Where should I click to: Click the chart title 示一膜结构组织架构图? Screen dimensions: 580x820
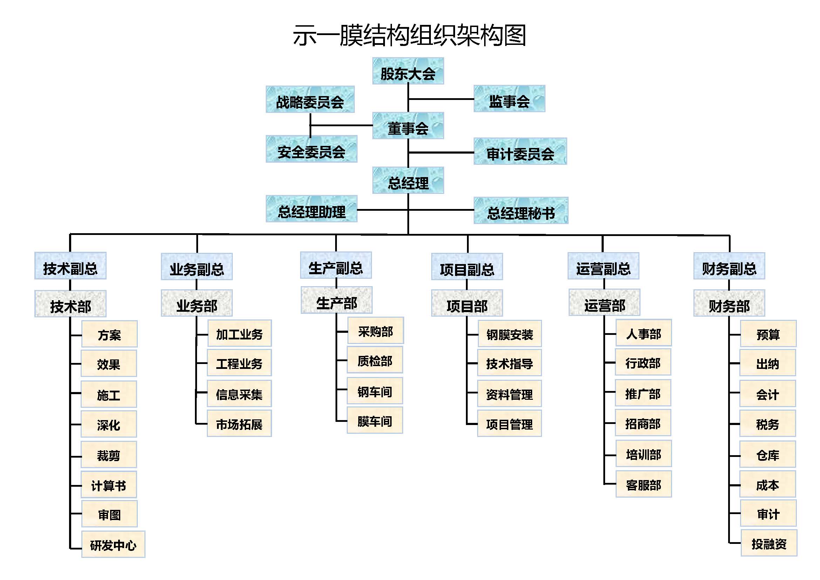click(409, 35)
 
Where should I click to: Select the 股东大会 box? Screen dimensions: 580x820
click(408, 71)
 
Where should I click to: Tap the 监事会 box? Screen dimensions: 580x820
click(509, 99)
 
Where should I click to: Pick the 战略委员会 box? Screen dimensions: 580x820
click(310, 100)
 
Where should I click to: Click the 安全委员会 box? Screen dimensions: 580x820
click(311, 149)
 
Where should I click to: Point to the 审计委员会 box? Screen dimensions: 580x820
click(520, 152)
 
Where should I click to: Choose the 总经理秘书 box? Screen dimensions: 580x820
click(521, 211)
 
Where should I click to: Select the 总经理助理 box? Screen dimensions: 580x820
click(311, 209)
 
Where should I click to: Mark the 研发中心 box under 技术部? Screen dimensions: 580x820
click(113, 545)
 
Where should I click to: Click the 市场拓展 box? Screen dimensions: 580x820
click(239, 424)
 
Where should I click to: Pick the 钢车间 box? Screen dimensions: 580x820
click(375, 391)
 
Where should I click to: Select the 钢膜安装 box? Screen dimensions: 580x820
click(510, 334)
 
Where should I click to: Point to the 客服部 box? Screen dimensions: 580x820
click(644, 484)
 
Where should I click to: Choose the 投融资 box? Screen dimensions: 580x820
click(768, 544)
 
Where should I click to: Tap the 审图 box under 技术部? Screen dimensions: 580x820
click(109, 514)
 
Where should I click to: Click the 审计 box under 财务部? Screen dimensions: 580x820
click(768, 513)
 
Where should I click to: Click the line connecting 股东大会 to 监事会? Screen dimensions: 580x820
click(441, 99)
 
